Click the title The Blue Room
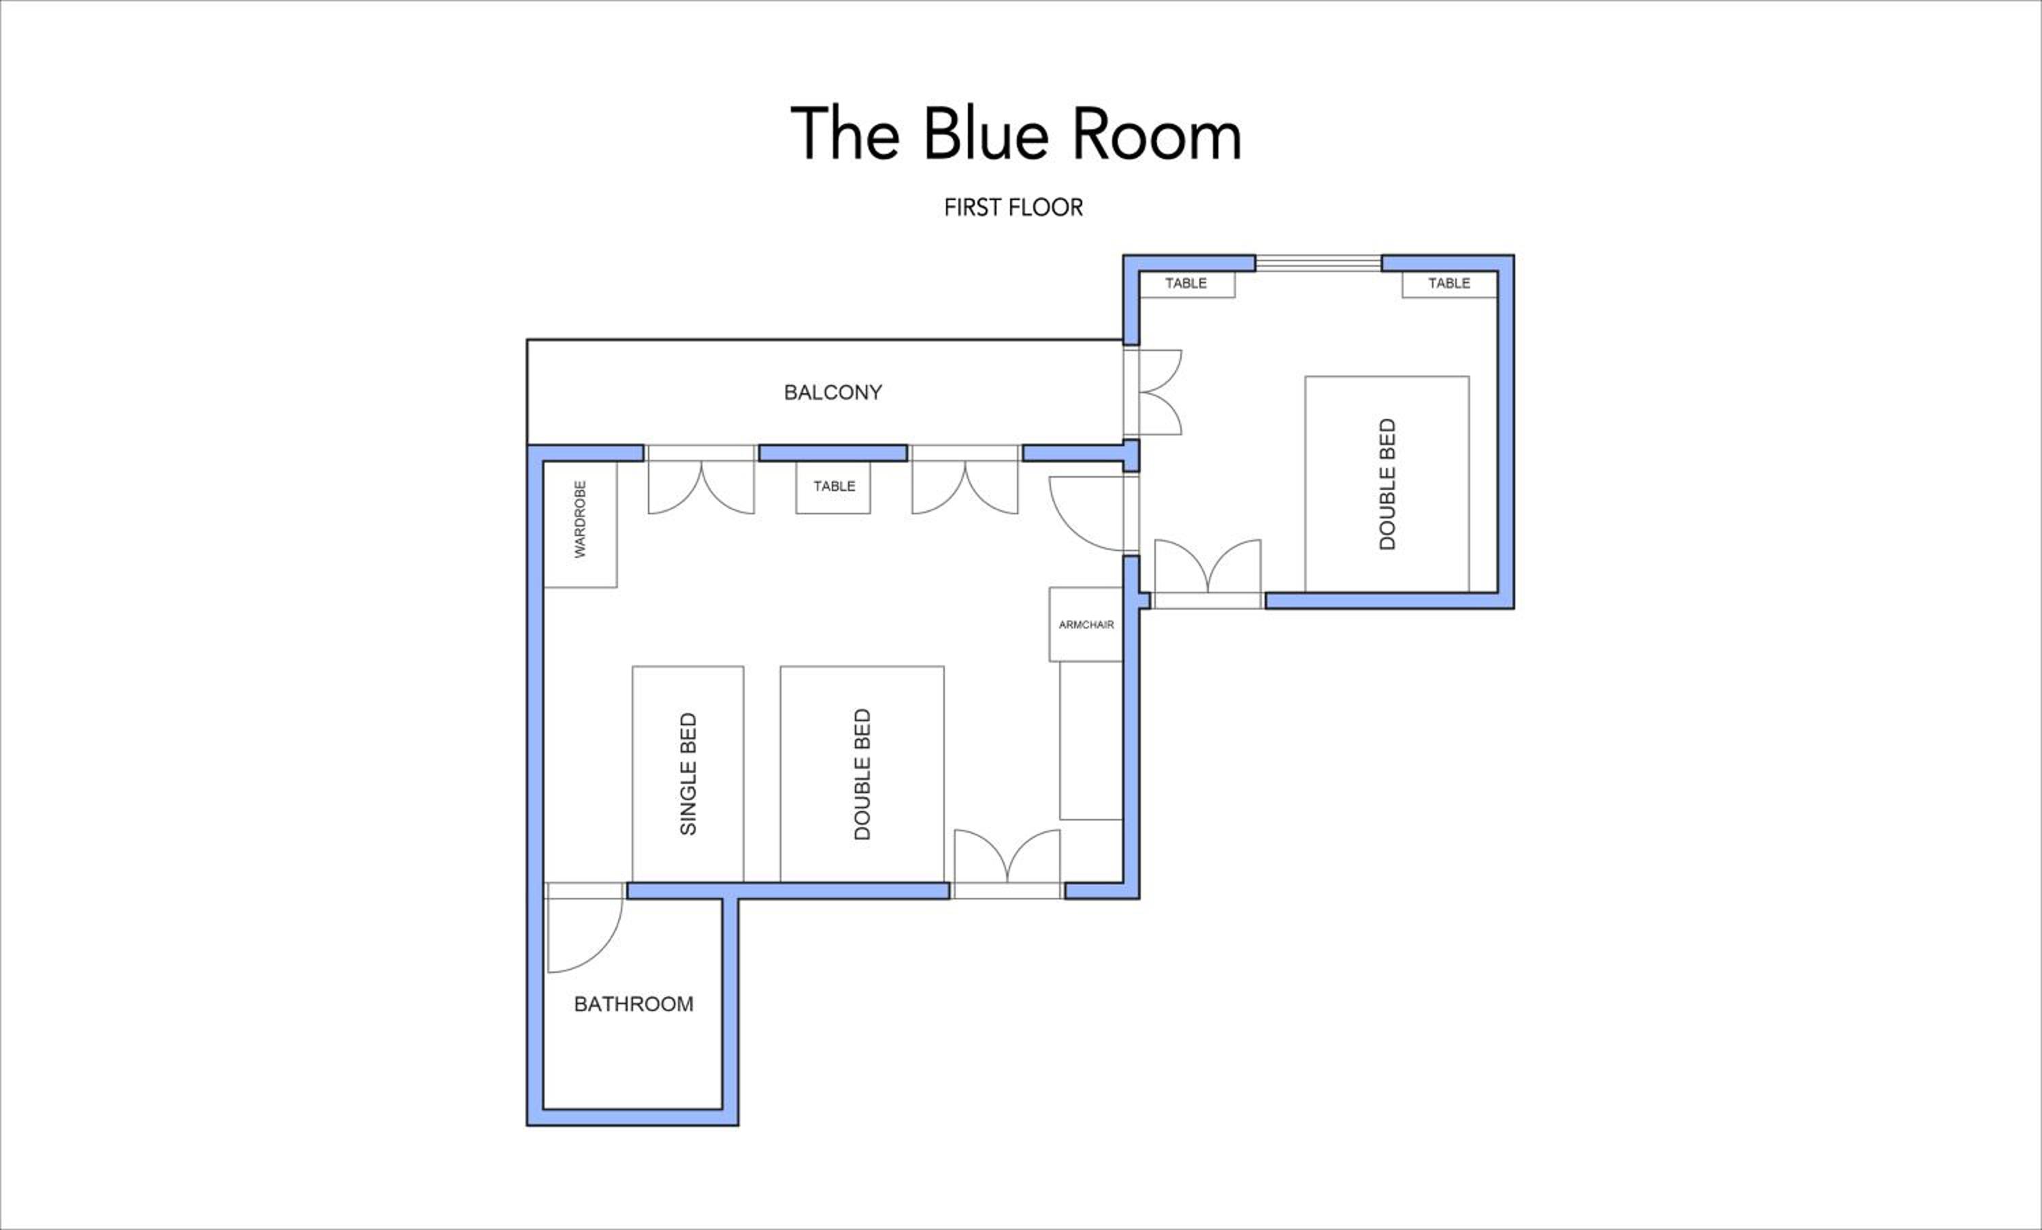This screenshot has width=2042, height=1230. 1016,134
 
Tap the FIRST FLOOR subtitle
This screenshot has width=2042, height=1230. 1014,207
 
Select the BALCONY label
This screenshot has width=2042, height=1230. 833,392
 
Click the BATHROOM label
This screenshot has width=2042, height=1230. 633,1004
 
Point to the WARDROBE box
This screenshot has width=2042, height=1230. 580,525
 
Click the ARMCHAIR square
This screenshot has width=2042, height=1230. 1086,625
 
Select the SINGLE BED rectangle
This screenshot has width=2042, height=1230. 688,774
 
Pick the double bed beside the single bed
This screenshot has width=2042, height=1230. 862,774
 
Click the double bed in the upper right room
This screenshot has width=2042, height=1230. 1387,484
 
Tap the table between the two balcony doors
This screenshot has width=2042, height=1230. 833,487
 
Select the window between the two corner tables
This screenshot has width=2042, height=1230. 1318,263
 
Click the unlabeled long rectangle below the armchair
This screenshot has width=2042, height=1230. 1091,740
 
